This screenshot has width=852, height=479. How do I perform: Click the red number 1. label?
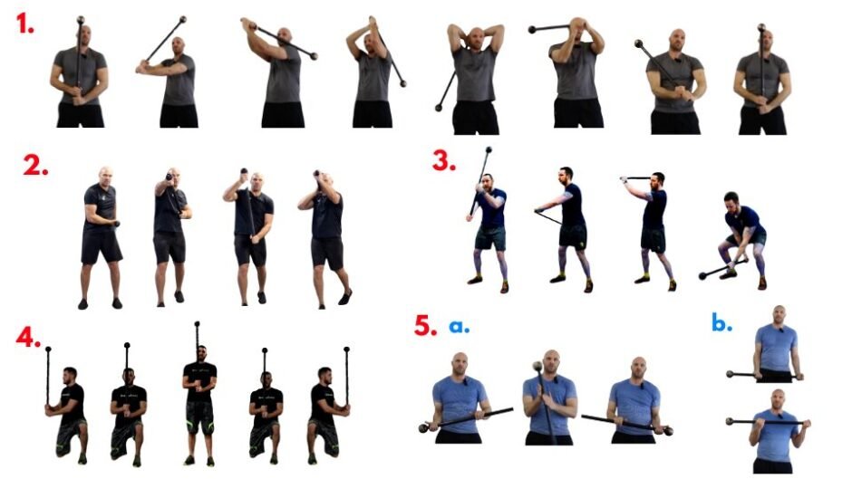pos(25,24)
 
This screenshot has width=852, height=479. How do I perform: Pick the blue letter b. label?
pos(721,323)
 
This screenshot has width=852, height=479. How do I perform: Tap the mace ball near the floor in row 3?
pos(704,273)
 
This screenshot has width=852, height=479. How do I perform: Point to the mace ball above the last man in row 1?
pos(761,29)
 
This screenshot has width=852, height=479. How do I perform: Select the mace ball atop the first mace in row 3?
pos(489,151)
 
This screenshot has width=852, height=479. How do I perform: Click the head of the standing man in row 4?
pos(200,351)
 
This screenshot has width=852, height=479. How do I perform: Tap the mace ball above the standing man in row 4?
pos(197,323)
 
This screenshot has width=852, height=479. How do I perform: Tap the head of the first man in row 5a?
pos(460,365)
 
